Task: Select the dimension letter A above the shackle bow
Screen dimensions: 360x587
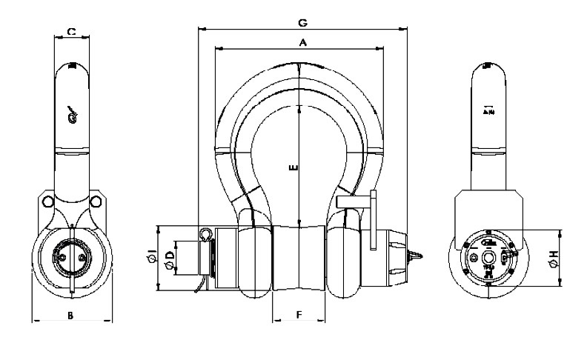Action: click(302, 43)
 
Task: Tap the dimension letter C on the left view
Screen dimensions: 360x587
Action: click(71, 32)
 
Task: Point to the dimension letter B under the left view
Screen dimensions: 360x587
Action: click(70, 316)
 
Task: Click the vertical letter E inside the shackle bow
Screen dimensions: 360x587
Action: click(293, 169)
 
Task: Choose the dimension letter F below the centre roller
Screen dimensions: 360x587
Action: click(299, 315)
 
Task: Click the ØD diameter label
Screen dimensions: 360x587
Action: click(170, 257)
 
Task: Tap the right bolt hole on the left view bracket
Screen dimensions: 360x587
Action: click(95, 201)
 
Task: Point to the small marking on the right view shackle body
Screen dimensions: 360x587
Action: click(488, 110)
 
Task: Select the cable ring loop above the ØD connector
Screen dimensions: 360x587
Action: click(205, 235)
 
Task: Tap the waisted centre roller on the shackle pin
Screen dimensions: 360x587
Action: click(299, 259)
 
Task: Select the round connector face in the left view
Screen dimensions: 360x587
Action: click(71, 260)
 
